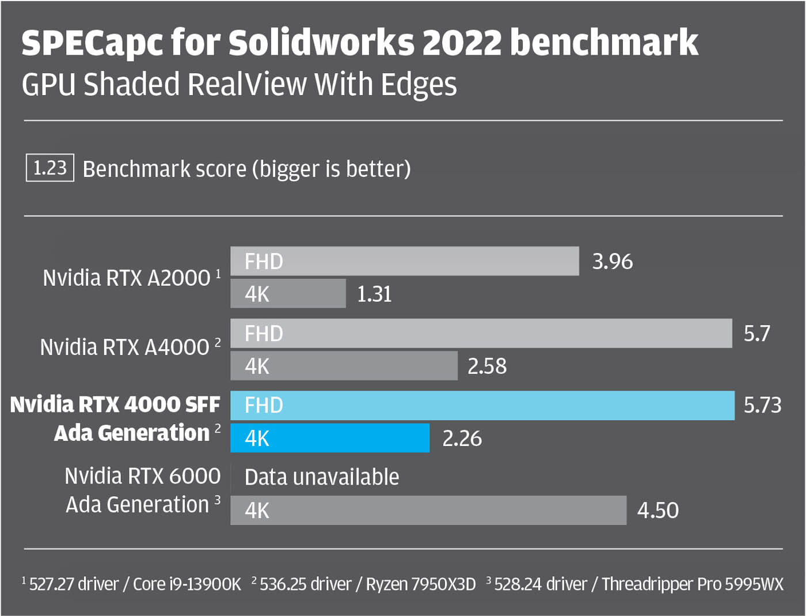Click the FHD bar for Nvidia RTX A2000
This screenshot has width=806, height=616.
pos(404,261)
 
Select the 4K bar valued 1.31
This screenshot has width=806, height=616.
pos(288,294)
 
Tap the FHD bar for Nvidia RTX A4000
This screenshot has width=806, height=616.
pos(481,333)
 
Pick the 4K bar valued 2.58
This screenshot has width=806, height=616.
pos(344,366)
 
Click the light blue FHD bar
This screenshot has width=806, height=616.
pos(482,405)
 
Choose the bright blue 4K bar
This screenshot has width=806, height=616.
pos(329,438)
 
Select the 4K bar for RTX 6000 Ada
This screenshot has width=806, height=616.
pos(428,510)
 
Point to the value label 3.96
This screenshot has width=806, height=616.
pos(612,262)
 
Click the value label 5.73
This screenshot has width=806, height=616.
pos(762,405)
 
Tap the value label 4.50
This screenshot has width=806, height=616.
pos(657,511)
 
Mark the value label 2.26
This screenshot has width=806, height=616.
pos(462,439)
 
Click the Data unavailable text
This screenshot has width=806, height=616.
pos(321,477)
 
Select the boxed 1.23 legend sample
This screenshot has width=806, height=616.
pos(50,168)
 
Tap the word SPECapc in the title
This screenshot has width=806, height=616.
pos(93,43)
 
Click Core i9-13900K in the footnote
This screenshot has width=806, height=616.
pos(187,584)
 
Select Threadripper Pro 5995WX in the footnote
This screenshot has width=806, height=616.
pos(693,584)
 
